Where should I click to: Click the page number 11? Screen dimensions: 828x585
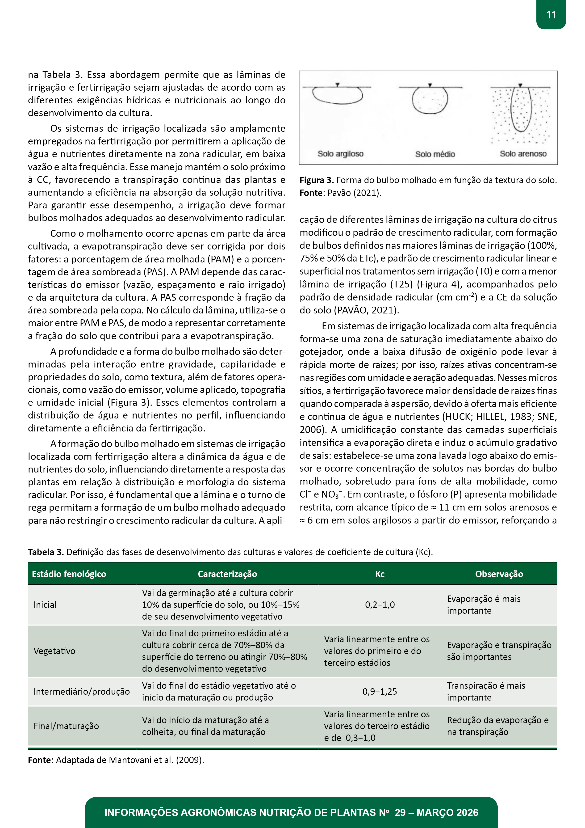(551, 15)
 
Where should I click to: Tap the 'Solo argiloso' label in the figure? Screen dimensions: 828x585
(340, 154)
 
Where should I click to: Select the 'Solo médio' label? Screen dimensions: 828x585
(435, 154)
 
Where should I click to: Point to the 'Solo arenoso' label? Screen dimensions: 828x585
(523, 154)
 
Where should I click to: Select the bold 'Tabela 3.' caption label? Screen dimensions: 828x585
(46, 552)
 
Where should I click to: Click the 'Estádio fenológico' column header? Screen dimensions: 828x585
(69, 574)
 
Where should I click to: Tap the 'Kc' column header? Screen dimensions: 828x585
(380, 574)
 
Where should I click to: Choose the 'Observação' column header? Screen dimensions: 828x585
(499, 574)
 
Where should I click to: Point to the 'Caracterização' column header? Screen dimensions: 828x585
(227, 574)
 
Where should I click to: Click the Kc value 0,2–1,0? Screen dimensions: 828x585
(380, 605)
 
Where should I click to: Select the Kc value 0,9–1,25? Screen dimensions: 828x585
(380, 691)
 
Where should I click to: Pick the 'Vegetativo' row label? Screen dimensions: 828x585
(54, 651)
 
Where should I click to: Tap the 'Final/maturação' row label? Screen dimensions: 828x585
(66, 726)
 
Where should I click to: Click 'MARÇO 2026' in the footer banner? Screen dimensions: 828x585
(447, 812)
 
